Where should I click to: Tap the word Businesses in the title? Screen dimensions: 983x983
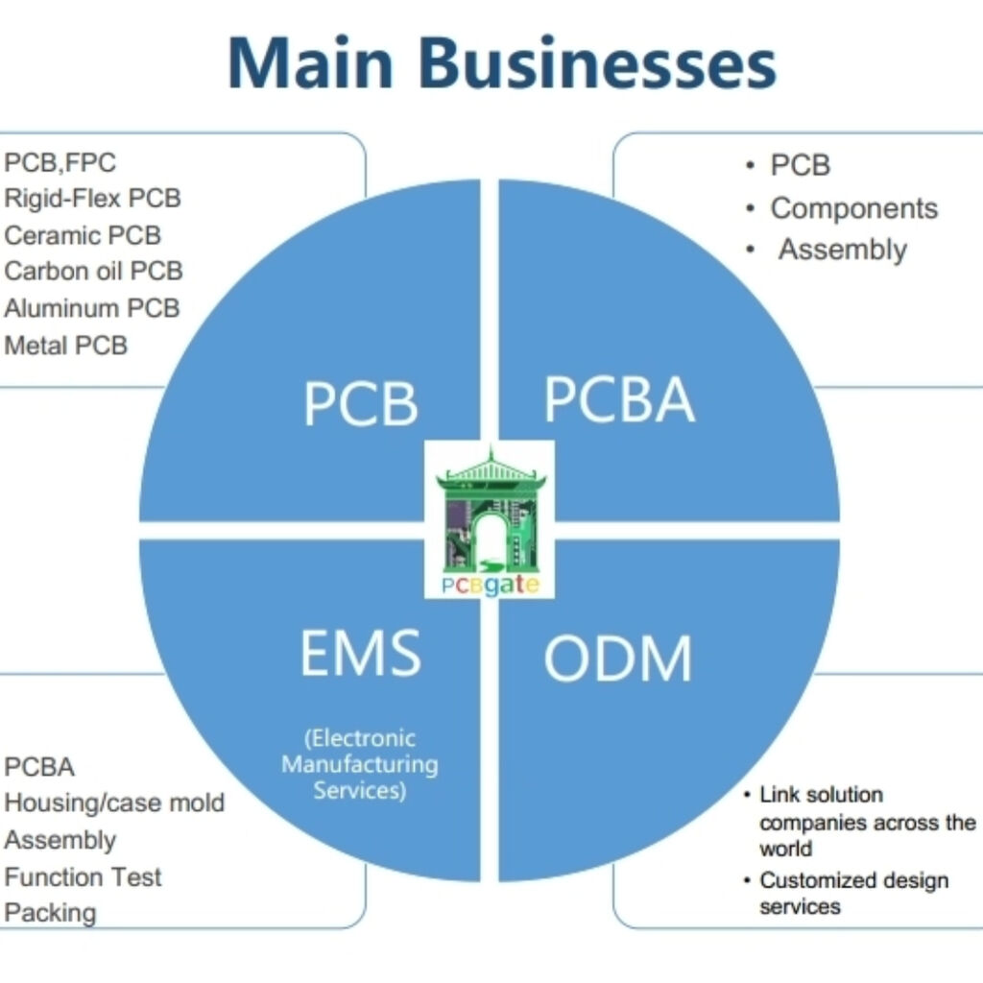click(597, 62)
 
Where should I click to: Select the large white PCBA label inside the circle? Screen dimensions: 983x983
click(619, 399)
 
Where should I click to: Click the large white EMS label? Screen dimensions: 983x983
click(360, 654)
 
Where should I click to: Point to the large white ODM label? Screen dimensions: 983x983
click(617, 659)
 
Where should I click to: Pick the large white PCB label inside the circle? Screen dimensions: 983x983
click(361, 404)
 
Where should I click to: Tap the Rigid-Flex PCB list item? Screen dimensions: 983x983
click(92, 199)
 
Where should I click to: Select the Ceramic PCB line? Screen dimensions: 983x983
click(83, 235)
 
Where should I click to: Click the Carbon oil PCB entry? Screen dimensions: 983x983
click(93, 272)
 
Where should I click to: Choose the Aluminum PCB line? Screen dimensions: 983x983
click(91, 308)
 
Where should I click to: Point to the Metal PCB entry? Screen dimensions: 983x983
click(65, 345)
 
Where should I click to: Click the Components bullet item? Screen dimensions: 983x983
click(853, 208)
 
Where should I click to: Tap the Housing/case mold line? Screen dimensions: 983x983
click(114, 803)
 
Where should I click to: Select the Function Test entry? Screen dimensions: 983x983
click(83, 876)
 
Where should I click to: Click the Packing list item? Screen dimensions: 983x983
click(50, 912)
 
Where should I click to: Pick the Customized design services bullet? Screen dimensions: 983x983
click(852, 893)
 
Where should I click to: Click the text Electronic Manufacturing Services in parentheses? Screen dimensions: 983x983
click(360, 765)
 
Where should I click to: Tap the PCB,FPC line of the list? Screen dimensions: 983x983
click(60, 162)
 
